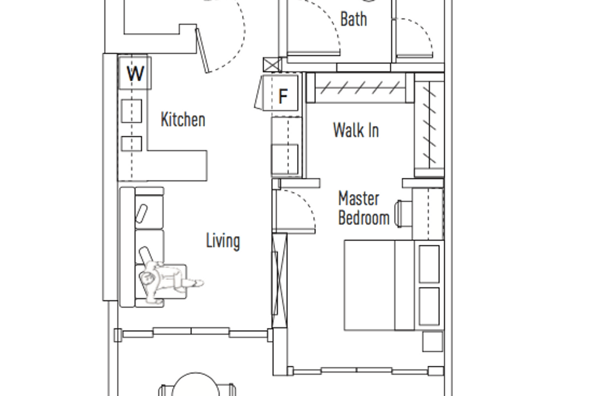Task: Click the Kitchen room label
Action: click(183, 119)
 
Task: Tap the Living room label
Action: click(223, 241)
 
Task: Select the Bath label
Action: click(354, 19)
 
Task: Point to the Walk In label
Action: click(356, 130)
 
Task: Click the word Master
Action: click(359, 198)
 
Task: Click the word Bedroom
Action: click(364, 218)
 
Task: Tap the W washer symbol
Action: click(135, 73)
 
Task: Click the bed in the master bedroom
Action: click(393, 285)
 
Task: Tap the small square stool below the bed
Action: click(432, 341)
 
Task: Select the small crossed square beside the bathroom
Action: click(272, 65)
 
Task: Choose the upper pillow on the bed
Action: click(429, 264)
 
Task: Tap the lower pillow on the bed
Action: click(429, 306)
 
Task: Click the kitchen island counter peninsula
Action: click(177, 165)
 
